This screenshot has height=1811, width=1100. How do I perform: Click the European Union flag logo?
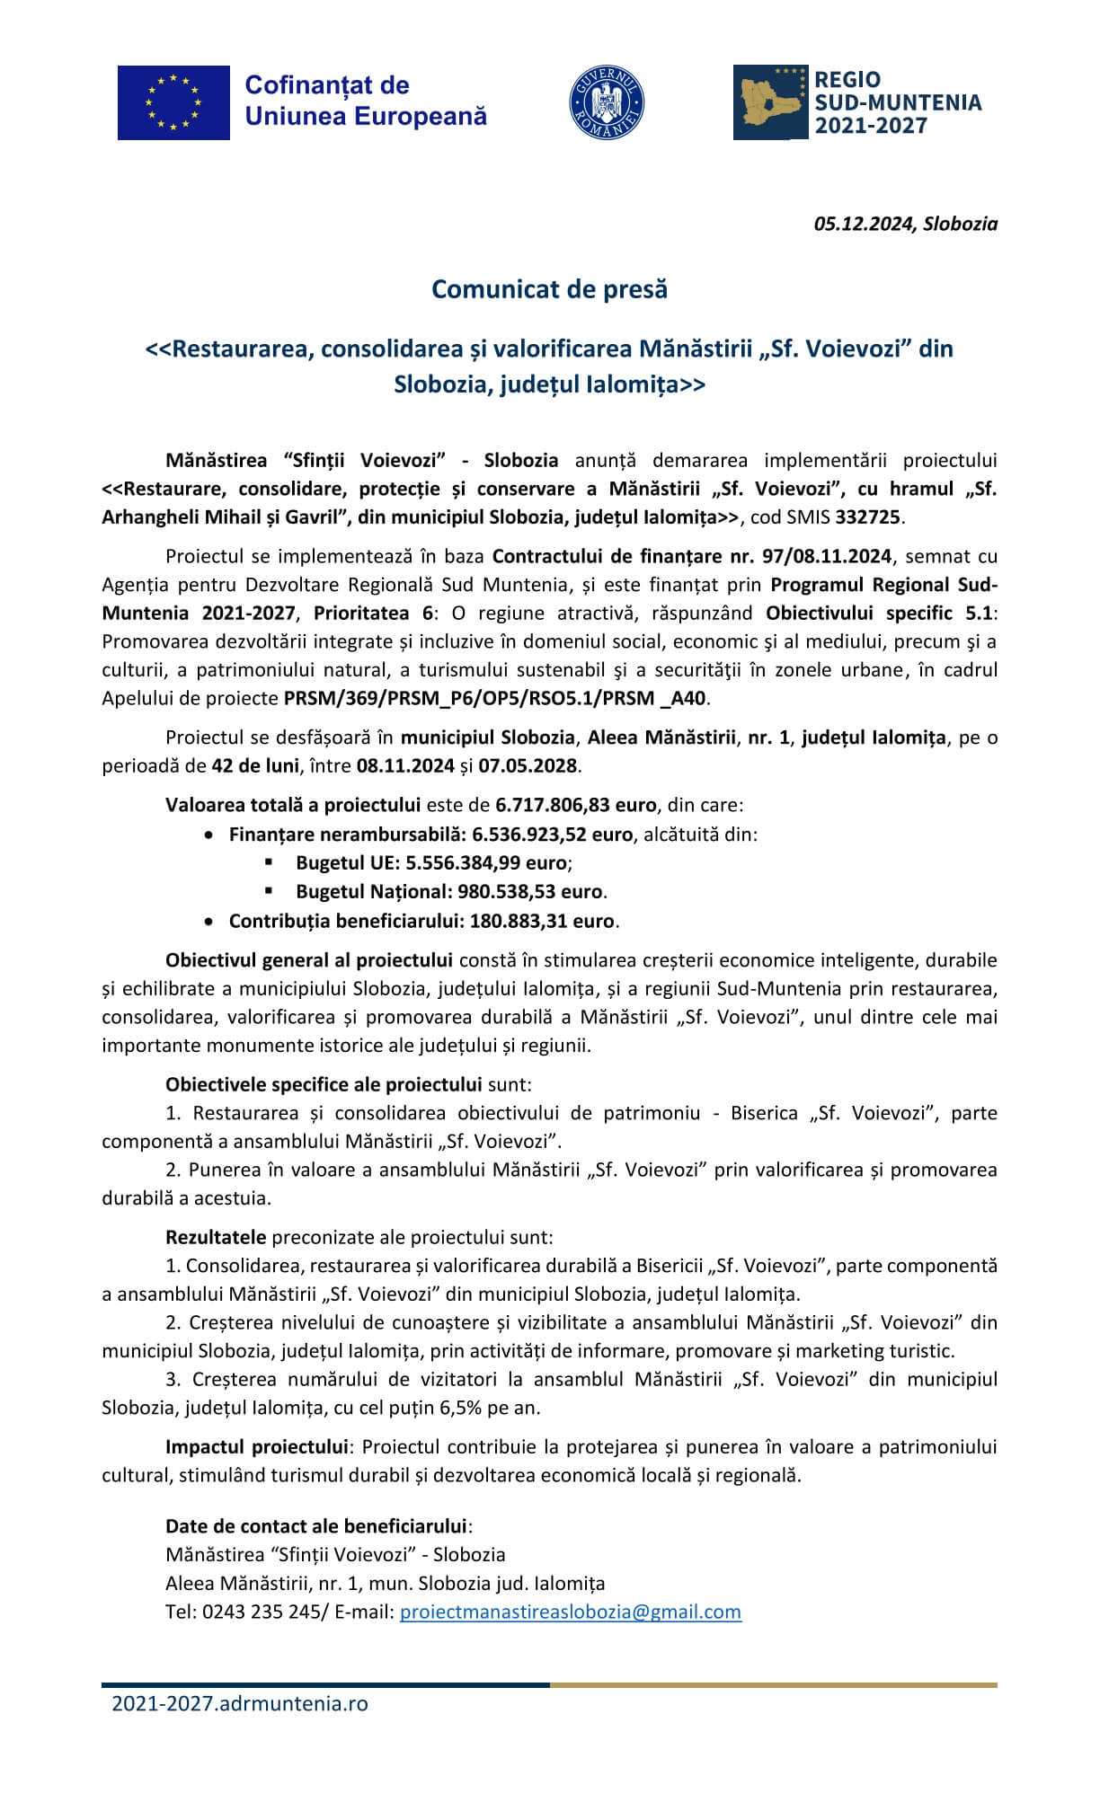click(x=173, y=102)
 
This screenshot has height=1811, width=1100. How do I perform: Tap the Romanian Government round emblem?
click(x=607, y=102)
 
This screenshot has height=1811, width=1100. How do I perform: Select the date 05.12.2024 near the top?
click(x=865, y=225)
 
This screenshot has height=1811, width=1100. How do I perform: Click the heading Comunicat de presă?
click(x=549, y=289)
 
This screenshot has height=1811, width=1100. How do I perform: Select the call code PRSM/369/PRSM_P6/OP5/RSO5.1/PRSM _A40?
click(x=495, y=698)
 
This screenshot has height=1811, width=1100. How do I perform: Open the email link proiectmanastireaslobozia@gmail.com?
click(x=570, y=1612)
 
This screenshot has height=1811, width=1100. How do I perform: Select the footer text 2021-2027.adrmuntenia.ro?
click(x=240, y=1703)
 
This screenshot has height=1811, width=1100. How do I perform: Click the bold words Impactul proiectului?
click(x=256, y=1446)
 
